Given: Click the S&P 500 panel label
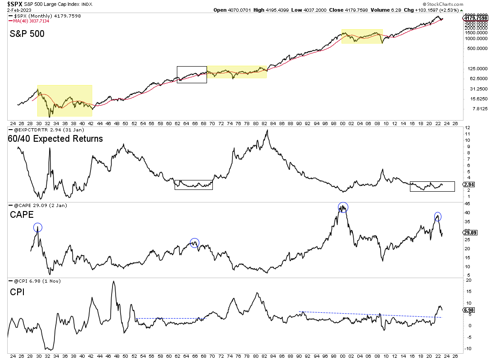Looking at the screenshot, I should pos(27,33).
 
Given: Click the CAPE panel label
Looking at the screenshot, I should pos(22,215).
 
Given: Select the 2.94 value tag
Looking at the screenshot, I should pos(468,184).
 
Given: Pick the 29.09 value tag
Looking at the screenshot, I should pos(470,232).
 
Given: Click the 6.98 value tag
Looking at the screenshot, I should pos(468,310).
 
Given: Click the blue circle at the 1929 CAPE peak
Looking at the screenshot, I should pos(38,228).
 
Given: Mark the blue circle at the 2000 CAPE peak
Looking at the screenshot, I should pos(343,207).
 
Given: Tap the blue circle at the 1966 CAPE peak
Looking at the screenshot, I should pos(194,243).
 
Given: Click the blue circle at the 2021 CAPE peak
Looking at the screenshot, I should pos(437,216).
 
